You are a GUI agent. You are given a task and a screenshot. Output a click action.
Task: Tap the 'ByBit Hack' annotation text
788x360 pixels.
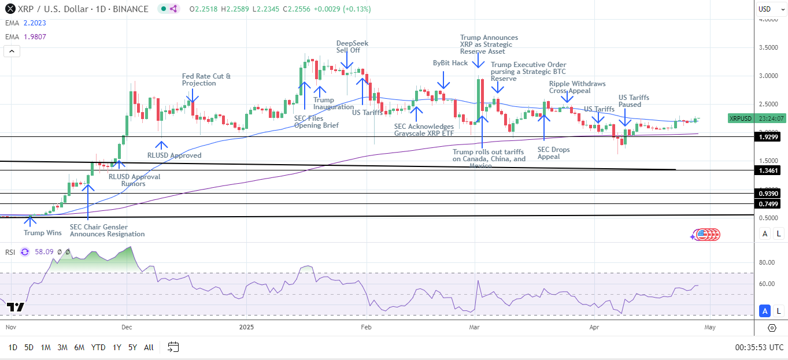[x=450, y=63]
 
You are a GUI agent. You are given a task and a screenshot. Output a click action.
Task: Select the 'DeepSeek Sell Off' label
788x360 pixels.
[x=352, y=47]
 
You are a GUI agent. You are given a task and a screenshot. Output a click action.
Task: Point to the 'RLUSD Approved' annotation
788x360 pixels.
[x=174, y=155]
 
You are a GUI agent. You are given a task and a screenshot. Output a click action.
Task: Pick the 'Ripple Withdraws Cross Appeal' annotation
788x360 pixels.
[x=578, y=87]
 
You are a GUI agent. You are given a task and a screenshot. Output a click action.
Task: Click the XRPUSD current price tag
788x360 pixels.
[x=741, y=118]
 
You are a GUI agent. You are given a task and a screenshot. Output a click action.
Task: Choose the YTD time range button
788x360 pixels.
[x=98, y=347]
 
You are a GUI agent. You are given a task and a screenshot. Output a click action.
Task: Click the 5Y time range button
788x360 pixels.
[x=132, y=347]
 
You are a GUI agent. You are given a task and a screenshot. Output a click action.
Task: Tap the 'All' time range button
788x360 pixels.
[x=149, y=347]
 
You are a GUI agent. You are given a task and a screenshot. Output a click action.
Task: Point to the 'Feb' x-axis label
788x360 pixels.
[x=365, y=326]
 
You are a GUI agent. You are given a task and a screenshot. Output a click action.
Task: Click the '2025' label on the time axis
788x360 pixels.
[x=246, y=326]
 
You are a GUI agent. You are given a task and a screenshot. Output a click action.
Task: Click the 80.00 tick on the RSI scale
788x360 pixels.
[x=767, y=263]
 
